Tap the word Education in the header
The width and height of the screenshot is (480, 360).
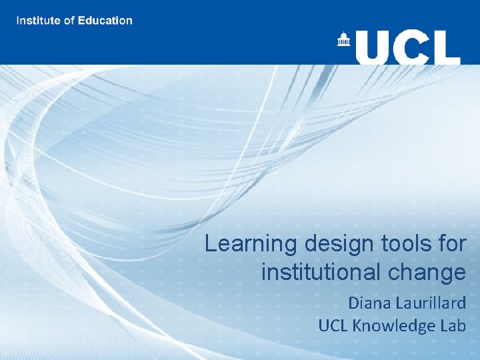point(105,20)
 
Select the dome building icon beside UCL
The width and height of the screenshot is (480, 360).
point(344,40)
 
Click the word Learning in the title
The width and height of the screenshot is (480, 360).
point(251,245)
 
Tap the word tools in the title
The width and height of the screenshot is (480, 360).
point(402,244)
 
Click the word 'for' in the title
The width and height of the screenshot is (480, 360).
point(451,244)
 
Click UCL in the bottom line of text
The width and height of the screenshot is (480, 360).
point(333,325)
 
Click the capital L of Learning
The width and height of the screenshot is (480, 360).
point(211,244)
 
